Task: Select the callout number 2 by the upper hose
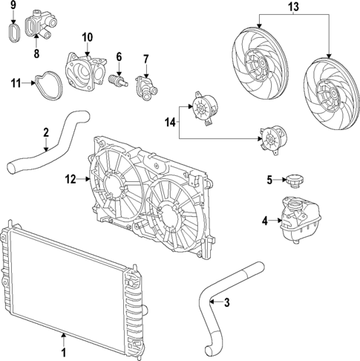click(46, 132)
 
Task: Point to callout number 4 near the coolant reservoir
click(264, 220)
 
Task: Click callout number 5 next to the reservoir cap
click(270, 179)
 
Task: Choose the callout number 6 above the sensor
click(119, 56)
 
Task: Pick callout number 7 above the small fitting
click(145, 58)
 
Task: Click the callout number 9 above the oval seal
click(12, 7)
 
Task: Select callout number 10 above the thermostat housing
click(87, 36)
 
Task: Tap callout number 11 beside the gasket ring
click(16, 82)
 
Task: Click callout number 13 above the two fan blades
click(293, 7)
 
